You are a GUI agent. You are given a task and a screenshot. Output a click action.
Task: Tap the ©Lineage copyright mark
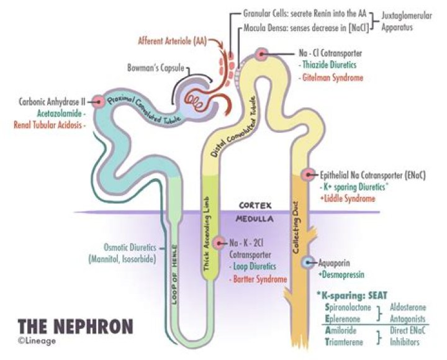point(37,341)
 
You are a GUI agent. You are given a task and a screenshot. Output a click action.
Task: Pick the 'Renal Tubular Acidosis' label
point(50,124)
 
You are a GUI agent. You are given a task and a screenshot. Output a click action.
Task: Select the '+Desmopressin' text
point(341,273)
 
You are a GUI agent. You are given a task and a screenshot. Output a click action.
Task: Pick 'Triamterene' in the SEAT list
point(348,341)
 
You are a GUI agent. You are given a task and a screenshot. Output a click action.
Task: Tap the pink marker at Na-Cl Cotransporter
point(263,55)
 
